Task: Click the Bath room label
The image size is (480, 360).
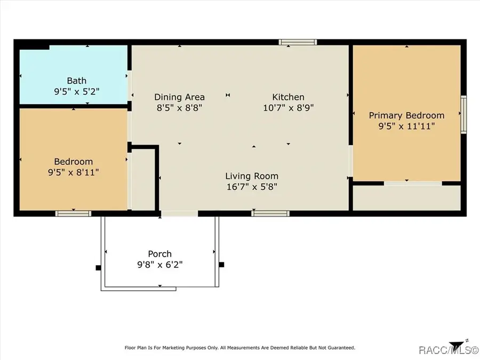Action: point(76,81)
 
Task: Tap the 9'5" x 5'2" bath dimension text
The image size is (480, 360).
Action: point(76,92)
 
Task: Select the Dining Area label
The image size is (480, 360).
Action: point(179,97)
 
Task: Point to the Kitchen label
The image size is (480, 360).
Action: point(288,97)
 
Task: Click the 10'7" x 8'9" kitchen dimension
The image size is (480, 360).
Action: point(288,107)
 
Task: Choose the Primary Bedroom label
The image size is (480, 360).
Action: point(406,115)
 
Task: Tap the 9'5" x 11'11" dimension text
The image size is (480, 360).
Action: point(406,126)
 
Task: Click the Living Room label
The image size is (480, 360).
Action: point(251,176)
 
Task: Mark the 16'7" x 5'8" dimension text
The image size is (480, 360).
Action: point(251,187)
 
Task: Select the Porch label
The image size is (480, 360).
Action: point(159,254)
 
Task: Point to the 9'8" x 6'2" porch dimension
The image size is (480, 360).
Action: point(159,265)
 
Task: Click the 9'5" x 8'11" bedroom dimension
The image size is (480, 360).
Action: point(73,172)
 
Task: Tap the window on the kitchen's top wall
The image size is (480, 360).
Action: point(298,42)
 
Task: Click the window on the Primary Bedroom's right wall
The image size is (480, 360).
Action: point(463,114)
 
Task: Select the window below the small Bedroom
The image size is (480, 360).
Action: point(73,213)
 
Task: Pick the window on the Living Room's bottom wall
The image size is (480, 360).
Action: point(270,213)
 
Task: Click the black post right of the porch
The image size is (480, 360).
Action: point(221,265)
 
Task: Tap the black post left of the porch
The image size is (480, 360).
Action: point(98,268)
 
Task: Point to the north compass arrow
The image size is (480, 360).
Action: point(457,344)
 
